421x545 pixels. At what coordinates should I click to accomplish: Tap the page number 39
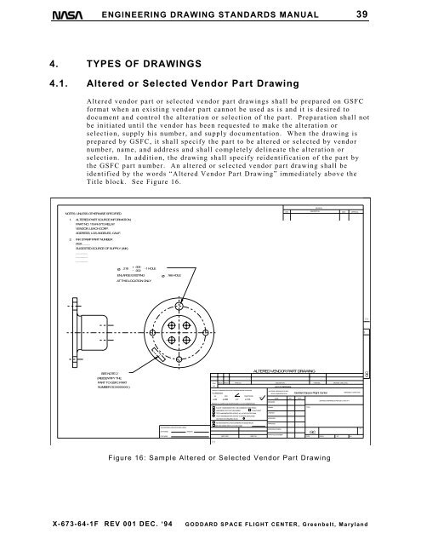(386, 13)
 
